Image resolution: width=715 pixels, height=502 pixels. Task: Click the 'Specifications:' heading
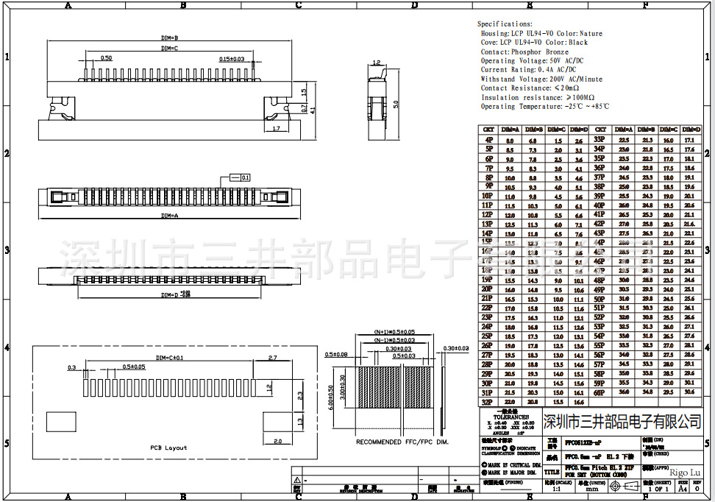[x=505, y=24]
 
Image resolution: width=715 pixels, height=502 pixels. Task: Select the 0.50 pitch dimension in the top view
[x=106, y=57]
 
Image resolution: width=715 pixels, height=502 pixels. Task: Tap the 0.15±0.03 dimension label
[x=232, y=58]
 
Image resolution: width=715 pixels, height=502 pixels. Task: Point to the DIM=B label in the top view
[x=170, y=37]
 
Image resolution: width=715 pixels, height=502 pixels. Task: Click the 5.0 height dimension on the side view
[x=396, y=104]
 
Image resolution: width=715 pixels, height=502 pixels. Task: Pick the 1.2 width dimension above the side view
[x=376, y=63]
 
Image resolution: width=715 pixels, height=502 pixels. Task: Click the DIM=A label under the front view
[x=170, y=216]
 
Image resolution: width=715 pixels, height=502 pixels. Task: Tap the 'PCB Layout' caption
[x=168, y=448]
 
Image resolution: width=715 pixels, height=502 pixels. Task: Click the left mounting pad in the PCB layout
[x=61, y=422]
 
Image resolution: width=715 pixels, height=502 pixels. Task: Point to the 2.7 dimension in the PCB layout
[x=271, y=358]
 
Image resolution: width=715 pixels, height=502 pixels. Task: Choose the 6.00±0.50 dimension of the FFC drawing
[x=332, y=396]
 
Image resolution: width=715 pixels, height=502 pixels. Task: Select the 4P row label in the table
[x=488, y=139]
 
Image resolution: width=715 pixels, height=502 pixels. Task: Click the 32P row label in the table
[x=488, y=402]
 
